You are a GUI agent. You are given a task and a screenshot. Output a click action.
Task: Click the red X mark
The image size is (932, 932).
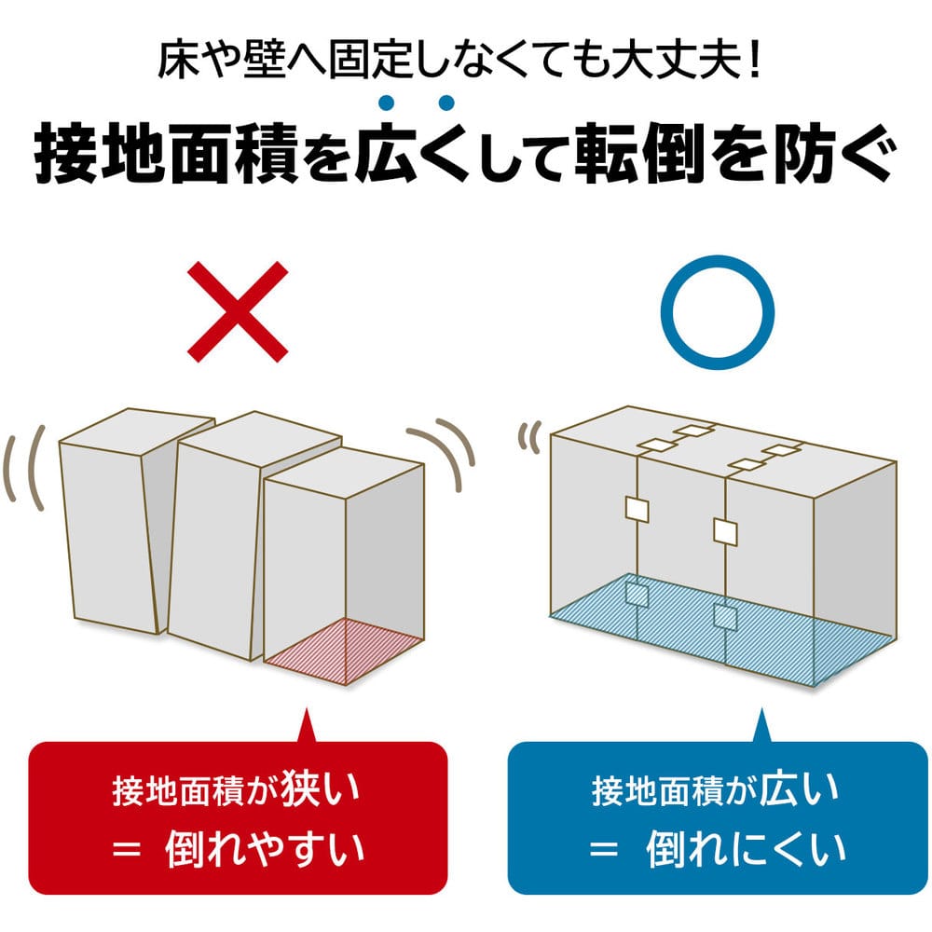click(x=238, y=311)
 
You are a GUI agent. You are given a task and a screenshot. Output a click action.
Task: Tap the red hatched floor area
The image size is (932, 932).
click(x=344, y=651)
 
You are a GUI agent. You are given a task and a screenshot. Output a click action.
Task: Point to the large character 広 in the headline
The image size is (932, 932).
click(x=387, y=152)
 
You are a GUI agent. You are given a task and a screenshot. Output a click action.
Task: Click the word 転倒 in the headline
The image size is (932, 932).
click(x=641, y=153)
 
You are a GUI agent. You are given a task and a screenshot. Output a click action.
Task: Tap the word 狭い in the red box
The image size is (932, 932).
click(x=321, y=788)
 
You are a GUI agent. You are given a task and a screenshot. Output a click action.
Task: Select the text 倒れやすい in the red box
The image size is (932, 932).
click(x=265, y=848)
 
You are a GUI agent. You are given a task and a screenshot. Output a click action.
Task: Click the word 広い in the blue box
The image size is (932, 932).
click(x=800, y=788)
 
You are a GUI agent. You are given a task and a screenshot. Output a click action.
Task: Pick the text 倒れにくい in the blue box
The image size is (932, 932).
click(x=746, y=848)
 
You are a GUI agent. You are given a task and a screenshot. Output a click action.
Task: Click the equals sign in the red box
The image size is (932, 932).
click(x=127, y=849)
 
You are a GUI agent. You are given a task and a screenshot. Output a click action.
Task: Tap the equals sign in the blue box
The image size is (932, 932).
click(x=604, y=848)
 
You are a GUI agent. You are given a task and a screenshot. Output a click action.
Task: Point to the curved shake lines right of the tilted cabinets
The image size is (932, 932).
click(x=441, y=455)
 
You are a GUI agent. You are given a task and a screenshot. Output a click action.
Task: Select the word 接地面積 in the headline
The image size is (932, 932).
click(x=167, y=153)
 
